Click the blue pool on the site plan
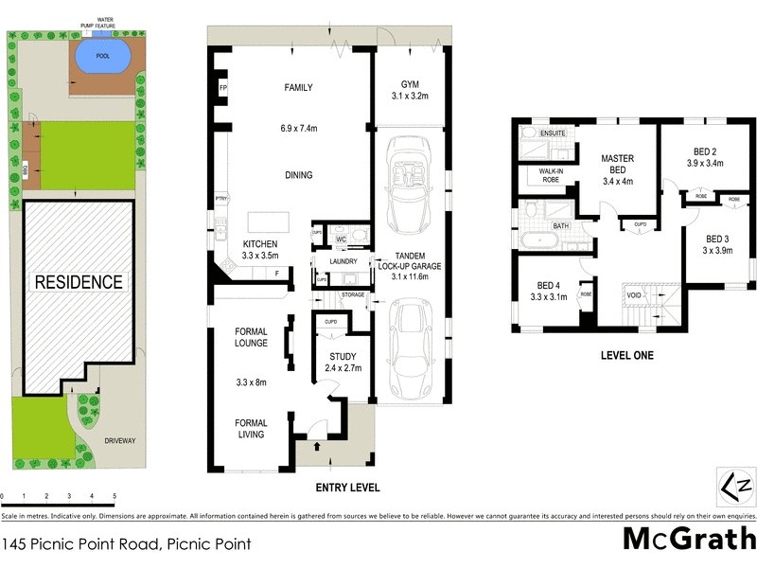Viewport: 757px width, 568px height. [x=97, y=56]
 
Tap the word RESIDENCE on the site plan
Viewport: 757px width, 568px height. [x=79, y=281]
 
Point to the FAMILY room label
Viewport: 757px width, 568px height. [x=298, y=87]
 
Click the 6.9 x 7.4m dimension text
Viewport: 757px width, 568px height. [x=298, y=128]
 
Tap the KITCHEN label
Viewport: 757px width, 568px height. [x=233, y=243]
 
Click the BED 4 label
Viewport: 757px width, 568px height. [x=550, y=285]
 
